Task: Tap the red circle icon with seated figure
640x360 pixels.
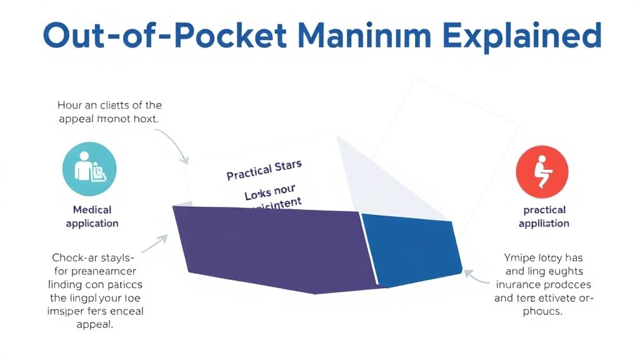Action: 542,168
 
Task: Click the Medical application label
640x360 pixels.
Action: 92,216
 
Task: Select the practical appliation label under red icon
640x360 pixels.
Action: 544,216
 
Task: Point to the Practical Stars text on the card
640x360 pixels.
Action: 264,170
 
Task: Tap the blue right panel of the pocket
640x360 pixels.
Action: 412,247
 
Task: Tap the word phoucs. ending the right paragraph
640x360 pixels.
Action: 544,311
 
